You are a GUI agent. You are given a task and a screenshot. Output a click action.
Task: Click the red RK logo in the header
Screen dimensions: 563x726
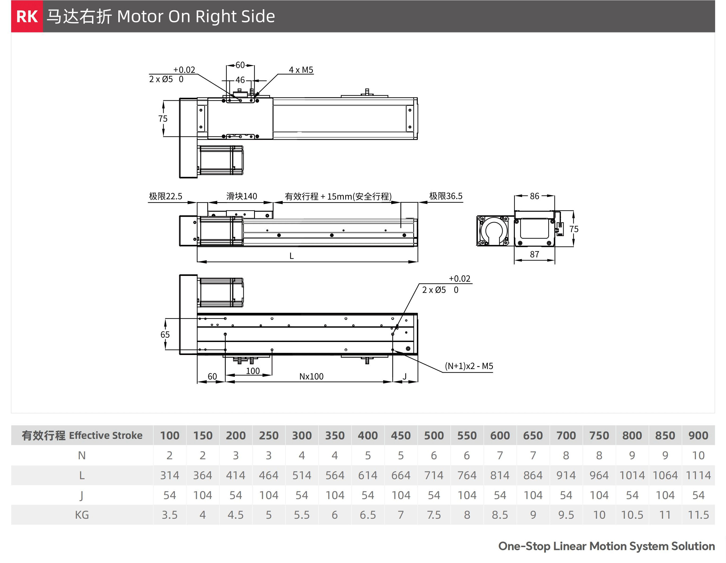coord(27,16)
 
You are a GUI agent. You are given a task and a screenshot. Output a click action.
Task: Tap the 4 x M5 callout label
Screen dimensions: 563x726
coord(301,70)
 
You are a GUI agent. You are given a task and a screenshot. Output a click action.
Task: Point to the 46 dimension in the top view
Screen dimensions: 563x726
coord(240,80)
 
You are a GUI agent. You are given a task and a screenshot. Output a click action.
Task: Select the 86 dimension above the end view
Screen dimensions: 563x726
coord(534,196)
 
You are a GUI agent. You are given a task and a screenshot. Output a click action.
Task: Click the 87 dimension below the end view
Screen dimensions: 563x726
coord(534,254)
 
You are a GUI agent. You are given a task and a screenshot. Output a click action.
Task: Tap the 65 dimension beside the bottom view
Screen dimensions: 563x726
coord(165,335)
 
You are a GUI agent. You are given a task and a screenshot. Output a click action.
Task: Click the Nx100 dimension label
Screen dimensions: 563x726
coord(311,376)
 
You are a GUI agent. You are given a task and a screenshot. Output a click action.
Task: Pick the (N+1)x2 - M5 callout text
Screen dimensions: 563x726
coord(469,366)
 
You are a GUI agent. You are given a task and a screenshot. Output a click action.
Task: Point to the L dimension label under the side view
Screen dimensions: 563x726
coord(292,256)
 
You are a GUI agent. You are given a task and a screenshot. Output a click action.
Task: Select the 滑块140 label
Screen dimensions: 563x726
coord(242,196)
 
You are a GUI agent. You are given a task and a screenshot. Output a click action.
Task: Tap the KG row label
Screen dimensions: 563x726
coord(82,515)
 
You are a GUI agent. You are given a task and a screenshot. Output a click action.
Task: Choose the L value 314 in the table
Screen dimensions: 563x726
coord(169,475)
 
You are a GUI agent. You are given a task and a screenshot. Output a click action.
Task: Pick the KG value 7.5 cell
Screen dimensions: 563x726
coord(433,515)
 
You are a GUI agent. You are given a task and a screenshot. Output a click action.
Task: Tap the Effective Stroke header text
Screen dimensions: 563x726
coord(106,435)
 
